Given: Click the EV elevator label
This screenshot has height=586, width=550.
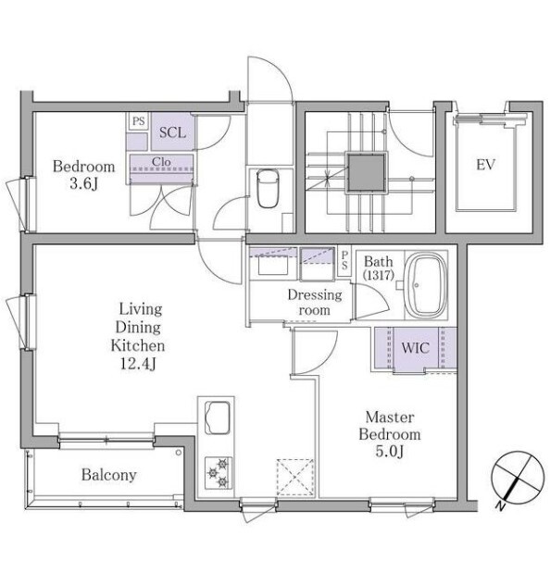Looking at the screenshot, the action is click(x=485, y=165).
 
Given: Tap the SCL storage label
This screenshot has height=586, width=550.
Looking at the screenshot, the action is click(x=172, y=132).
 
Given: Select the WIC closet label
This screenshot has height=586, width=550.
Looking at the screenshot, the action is click(x=415, y=348).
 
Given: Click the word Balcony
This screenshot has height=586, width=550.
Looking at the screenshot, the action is click(x=109, y=475).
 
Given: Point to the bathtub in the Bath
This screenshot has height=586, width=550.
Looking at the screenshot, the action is click(x=426, y=285).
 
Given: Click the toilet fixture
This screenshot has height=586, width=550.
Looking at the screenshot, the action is click(x=269, y=188).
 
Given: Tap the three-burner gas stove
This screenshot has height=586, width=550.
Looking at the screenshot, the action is click(x=219, y=473).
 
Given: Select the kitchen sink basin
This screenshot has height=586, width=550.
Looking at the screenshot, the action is click(x=218, y=418).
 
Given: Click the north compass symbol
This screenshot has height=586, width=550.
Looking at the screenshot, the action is click(x=518, y=478).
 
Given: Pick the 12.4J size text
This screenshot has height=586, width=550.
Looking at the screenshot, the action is click(x=138, y=363).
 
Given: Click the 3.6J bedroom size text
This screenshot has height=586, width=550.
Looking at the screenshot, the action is click(x=83, y=184).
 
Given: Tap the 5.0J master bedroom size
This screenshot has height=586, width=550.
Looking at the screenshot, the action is click(x=390, y=452).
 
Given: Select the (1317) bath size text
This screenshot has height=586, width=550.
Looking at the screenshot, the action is click(x=379, y=276).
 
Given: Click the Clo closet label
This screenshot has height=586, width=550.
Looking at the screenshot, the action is click(x=161, y=162).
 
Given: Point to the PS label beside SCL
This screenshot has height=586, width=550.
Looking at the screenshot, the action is click(x=139, y=121).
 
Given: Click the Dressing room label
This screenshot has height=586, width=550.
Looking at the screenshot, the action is click(x=315, y=303).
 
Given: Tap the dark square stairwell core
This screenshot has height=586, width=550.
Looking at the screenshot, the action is click(x=366, y=172).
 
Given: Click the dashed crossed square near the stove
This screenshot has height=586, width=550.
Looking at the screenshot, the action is click(x=295, y=478).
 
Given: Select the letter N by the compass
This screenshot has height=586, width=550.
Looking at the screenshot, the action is click(x=499, y=506).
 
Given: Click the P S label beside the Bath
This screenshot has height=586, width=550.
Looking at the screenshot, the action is click(x=344, y=260).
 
